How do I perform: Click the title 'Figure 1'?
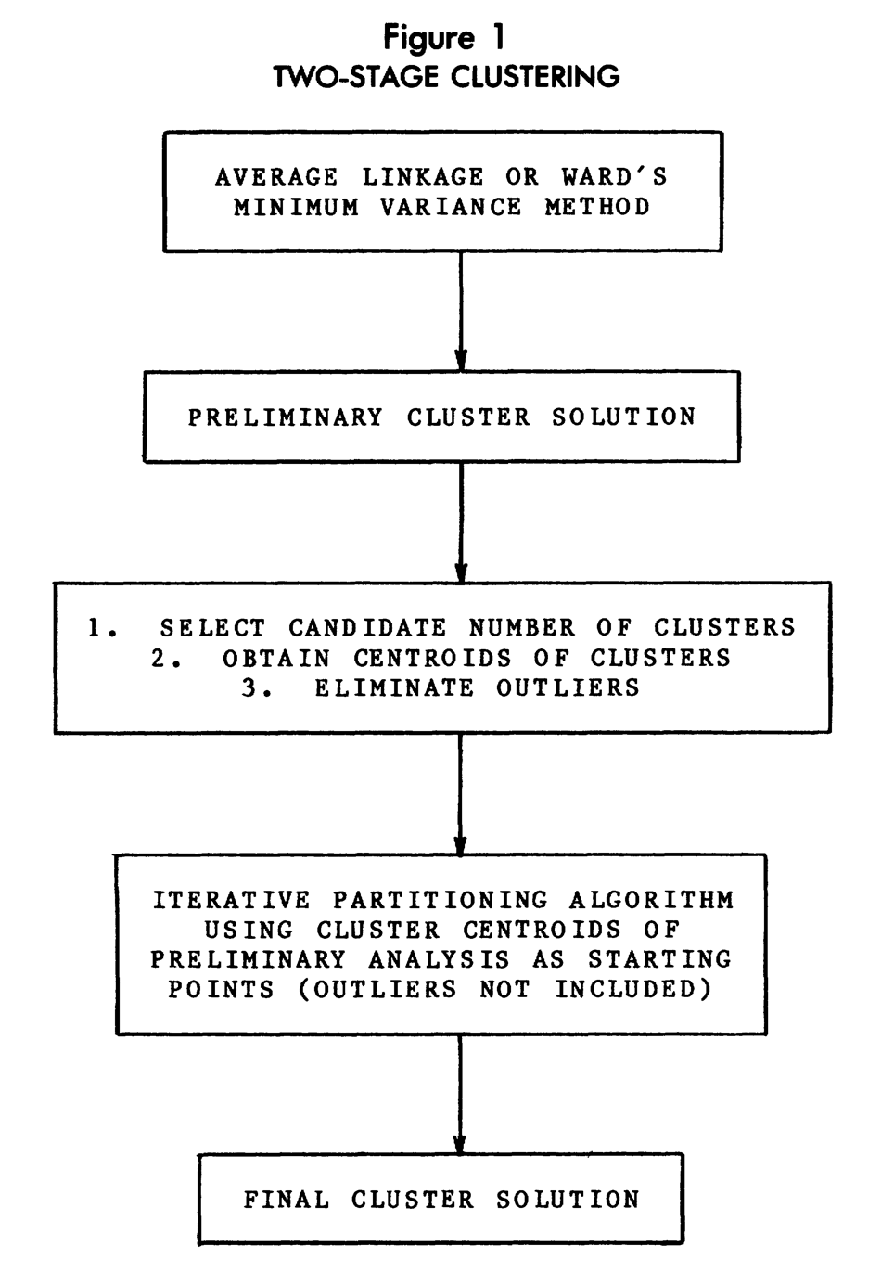(x=444, y=39)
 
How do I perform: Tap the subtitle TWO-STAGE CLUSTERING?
(x=447, y=77)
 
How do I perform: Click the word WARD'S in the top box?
(x=615, y=176)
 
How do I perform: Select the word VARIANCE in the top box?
(x=451, y=207)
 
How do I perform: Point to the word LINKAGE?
(x=424, y=176)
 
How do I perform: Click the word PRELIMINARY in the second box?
(x=286, y=417)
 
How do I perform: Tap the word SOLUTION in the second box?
(x=624, y=417)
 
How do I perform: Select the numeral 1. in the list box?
(x=103, y=628)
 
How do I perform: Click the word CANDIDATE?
(x=367, y=628)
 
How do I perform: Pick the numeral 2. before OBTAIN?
(x=166, y=658)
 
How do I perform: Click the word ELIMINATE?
(x=394, y=687)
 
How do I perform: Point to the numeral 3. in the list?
(x=257, y=687)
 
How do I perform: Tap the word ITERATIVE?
(x=232, y=900)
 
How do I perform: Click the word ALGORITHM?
(x=652, y=900)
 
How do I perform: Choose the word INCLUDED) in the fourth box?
(x=633, y=990)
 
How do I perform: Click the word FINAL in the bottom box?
(x=287, y=1200)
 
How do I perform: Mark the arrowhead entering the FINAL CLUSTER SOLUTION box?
(x=460, y=1146)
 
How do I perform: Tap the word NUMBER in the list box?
(x=522, y=628)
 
